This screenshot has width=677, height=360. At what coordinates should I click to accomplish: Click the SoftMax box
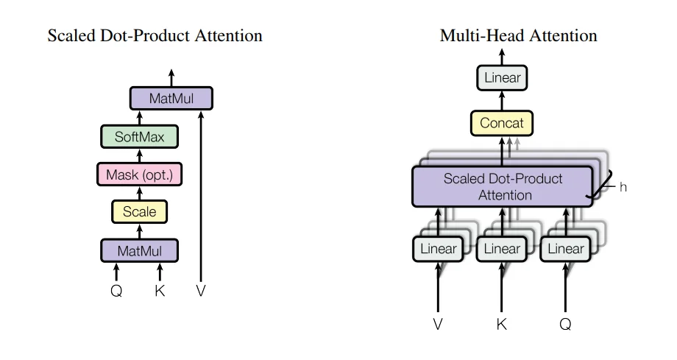click(x=139, y=137)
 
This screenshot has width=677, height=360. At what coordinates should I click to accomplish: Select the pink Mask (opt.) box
click(x=139, y=174)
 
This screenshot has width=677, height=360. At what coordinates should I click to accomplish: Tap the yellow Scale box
click(x=139, y=212)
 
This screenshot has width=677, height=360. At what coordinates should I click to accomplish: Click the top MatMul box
click(x=171, y=99)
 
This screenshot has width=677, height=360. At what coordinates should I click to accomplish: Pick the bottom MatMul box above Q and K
click(x=139, y=251)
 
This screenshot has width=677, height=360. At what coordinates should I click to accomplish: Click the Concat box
click(x=502, y=123)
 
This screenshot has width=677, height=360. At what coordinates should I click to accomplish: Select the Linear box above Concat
click(x=502, y=77)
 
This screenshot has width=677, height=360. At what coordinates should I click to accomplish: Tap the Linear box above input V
click(x=438, y=249)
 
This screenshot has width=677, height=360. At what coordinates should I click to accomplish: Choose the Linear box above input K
click(x=501, y=249)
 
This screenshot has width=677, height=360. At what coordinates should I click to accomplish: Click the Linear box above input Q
click(x=565, y=249)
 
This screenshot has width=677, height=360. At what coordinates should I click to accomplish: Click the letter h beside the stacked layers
click(x=623, y=188)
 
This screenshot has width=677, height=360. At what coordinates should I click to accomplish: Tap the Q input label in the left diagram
click(x=116, y=291)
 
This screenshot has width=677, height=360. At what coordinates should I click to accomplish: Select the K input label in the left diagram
click(x=160, y=291)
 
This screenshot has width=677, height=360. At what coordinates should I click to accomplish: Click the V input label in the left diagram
click(x=201, y=291)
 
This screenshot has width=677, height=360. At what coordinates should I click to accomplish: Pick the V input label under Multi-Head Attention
click(x=438, y=324)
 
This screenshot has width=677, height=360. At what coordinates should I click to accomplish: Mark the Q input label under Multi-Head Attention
click(x=565, y=324)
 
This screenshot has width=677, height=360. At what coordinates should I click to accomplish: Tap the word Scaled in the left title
click(x=68, y=35)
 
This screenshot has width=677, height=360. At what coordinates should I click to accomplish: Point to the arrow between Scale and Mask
click(x=139, y=193)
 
